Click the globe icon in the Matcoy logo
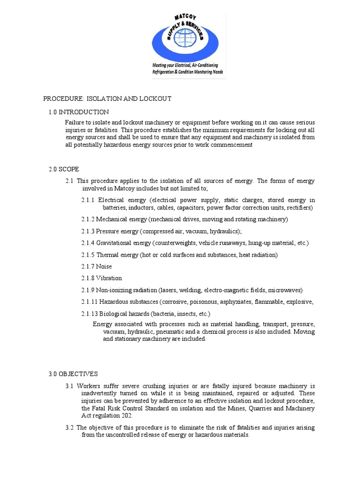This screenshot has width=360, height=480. coord(184,38)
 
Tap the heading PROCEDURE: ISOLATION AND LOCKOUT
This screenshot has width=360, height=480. coord(107,98)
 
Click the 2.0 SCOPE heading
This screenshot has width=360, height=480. coord(64,169)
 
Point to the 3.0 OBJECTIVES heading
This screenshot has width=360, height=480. coord(73,374)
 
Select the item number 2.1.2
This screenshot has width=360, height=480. coord(88,219)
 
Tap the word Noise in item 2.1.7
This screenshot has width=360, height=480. coord(104,266)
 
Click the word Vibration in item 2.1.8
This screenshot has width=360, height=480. coord(109,278)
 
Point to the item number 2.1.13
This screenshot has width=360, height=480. coord(90,314)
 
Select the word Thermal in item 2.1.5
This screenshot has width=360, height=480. coord(108,255)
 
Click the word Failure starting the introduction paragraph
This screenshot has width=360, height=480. coord(75,122)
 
